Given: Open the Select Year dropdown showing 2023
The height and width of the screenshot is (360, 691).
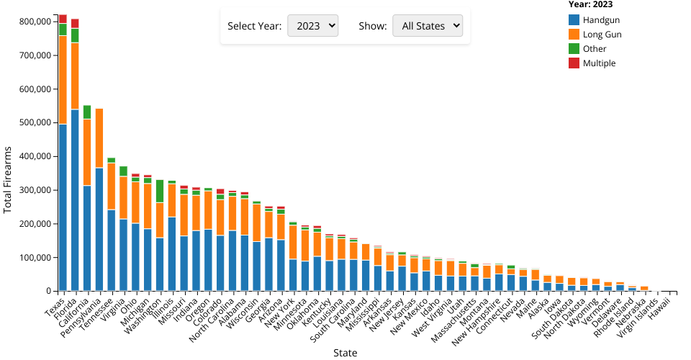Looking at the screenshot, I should pos(312,26).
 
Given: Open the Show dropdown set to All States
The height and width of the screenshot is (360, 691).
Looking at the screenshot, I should pos(427,26).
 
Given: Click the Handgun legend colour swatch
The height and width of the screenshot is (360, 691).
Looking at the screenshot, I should pos(574,20).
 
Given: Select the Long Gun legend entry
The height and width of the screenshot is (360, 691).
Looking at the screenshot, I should pos(602,35).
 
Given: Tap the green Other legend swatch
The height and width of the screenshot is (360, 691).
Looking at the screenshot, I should pos(574,49).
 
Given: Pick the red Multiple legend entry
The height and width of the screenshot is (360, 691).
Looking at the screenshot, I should pos(599,63).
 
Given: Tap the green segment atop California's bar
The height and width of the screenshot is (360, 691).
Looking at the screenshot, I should pos(87,112).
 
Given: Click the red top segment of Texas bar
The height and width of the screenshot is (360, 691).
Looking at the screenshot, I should pos(63,19).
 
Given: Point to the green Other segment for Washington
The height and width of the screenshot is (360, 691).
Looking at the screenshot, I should pos(160,191).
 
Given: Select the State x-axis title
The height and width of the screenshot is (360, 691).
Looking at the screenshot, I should pos(345,353).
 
